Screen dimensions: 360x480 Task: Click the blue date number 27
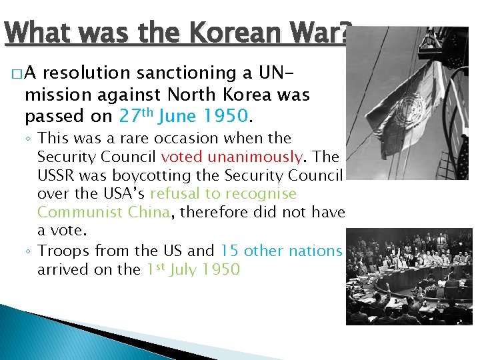[x=128, y=117]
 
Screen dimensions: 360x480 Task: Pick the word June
[x=177, y=117]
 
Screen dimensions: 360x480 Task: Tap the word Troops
[x=63, y=251]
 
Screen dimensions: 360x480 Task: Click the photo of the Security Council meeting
[x=409, y=276]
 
